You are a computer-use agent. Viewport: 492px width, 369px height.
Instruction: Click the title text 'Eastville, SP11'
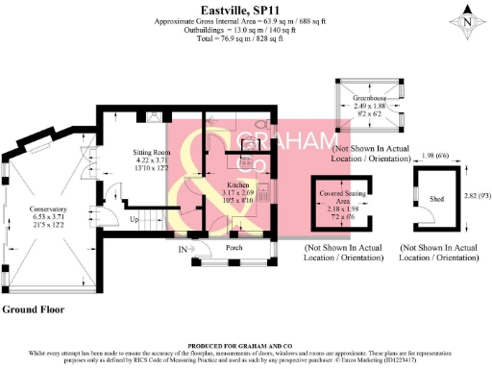click(246, 8)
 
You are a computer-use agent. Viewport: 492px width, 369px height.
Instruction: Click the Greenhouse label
click(368, 97)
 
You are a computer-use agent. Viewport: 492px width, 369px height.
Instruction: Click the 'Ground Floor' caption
click(33, 309)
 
